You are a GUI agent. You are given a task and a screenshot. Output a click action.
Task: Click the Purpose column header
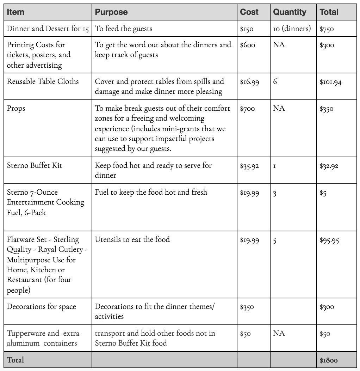111,12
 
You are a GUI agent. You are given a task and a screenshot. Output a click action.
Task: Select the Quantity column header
290,12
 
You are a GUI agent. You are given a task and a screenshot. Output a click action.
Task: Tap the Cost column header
249,12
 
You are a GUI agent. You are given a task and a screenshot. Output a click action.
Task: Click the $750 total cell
327,29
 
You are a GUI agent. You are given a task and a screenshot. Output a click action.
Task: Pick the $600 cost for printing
248,45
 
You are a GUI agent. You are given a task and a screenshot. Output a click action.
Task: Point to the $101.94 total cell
330,83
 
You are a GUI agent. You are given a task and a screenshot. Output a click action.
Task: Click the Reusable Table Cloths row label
43,81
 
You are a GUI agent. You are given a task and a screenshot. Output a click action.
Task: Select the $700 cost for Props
248,109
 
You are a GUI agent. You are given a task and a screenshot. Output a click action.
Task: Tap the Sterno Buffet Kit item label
35,165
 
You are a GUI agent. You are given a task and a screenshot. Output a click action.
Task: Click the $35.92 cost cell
249,166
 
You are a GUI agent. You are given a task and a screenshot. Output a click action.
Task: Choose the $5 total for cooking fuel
323,193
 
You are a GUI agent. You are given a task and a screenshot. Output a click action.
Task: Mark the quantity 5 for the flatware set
275,241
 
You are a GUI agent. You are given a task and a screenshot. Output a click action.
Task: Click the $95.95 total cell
329,241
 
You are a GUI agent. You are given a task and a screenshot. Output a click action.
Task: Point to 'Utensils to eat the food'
132,239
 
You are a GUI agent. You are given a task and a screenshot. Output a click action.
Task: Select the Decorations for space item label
42,306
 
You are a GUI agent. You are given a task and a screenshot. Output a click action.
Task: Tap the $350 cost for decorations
247,307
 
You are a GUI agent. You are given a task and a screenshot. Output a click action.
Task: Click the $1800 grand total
328,360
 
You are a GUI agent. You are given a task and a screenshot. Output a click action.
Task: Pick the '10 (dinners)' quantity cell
292,29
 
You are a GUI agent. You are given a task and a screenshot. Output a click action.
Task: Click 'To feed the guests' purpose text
123,29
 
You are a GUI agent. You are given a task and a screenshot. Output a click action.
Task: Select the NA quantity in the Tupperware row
279,333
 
